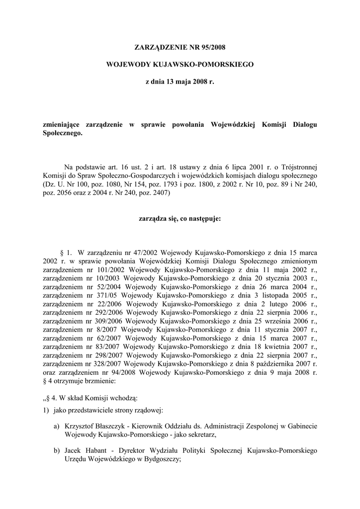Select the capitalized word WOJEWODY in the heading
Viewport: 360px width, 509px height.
[x=129, y=64]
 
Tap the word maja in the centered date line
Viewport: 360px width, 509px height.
[x=180, y=81]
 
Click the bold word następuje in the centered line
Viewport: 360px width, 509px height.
[x=202, y=218]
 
